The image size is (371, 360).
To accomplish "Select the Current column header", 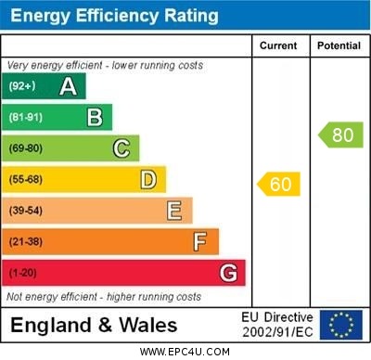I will click(278, 45).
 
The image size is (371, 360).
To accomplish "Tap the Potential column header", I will click(338, 45).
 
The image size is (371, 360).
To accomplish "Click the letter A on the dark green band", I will click(68, 86).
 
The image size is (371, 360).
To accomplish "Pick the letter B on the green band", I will click(95, 117).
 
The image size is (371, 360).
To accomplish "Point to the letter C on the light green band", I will click(121, 148).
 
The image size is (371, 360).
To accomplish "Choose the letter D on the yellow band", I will click(147, 179).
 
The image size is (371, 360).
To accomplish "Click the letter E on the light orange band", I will click(173, 211).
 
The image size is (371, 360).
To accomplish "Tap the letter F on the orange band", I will click(199, 241).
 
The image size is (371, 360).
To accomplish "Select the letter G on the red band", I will click(228, 273).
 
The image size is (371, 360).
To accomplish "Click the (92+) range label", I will click(21, 86).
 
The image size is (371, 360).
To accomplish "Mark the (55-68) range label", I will click(26, 180).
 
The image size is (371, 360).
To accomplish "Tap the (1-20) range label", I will click(22, 274).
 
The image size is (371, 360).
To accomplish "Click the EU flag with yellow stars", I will click(341, 325).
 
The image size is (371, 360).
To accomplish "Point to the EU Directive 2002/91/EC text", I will click(277, 325).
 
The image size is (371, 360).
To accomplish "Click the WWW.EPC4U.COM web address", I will click(185, 352).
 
